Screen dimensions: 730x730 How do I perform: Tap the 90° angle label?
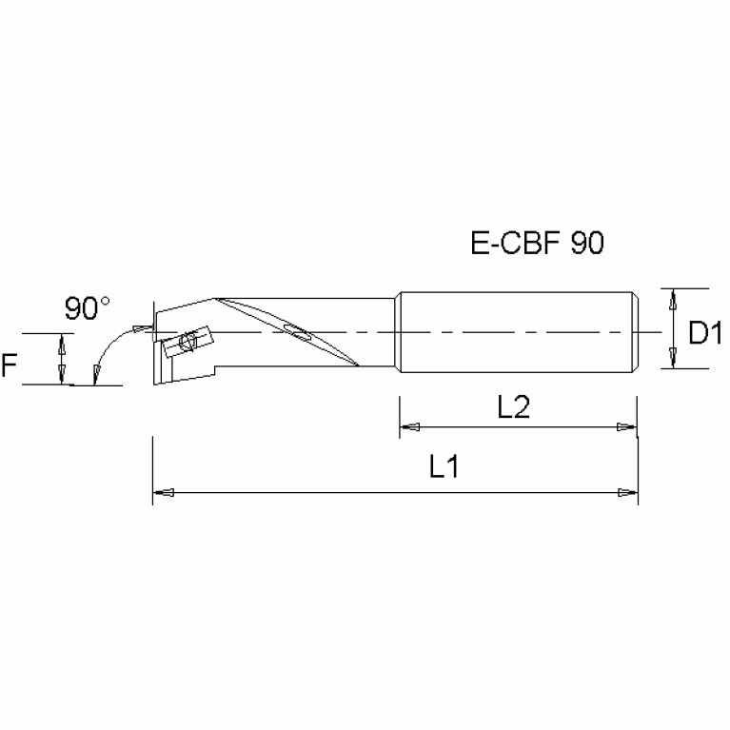pos(88,308)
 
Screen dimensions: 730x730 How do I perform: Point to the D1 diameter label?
pos(706,334)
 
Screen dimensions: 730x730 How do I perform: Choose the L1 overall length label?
pos(444,467)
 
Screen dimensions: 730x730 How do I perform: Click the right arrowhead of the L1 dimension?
pos(626,493)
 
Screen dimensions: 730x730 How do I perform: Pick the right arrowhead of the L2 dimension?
pos(625,427)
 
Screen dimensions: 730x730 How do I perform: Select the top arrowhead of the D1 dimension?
pos(673,298)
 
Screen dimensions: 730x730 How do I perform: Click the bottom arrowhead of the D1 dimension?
pos(673,359)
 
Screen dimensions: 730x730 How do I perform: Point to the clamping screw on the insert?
pos(187,341)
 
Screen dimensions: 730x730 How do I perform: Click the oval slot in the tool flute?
pos(297,332)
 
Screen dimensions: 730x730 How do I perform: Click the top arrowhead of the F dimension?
pos(63,343)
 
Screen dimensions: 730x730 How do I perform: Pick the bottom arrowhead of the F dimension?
pos(63,375)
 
